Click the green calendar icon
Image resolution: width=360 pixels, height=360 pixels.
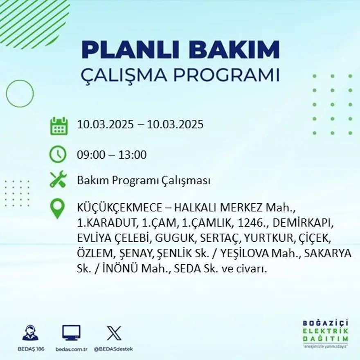click(59, 126)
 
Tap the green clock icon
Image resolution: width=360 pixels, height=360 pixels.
click(58, 154)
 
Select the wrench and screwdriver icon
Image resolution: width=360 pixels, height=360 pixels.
click(58, 180)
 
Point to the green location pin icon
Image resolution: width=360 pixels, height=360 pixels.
click(57, 208)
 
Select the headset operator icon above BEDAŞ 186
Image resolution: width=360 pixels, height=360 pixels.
click(30, 333)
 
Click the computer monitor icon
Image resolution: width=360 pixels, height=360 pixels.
click(71, 333)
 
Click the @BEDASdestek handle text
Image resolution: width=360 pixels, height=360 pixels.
click(113, 349)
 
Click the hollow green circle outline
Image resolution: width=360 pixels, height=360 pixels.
click(20, 94)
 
